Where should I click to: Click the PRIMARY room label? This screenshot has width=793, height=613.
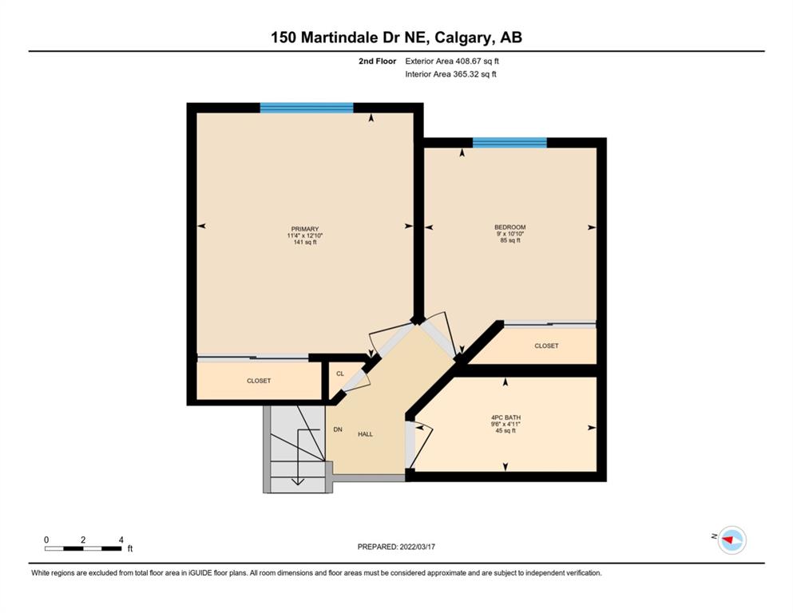[305, 229]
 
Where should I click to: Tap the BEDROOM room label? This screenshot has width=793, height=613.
[510, 227]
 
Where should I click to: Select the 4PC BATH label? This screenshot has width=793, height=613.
[506, 418]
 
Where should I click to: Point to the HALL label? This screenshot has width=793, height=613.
[365, 434]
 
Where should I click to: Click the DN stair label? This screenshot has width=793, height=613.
[338, 429]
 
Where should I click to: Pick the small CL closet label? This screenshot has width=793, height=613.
[340, 374]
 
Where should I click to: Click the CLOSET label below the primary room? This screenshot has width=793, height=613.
[259, 381]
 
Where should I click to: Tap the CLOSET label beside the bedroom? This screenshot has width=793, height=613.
[547, 346]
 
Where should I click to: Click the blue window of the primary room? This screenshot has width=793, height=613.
[307, 108]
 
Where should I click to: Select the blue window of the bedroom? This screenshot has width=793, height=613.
[510, 143]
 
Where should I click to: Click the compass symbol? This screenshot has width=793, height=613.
[732, 540]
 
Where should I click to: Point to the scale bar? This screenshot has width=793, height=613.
[83, 548]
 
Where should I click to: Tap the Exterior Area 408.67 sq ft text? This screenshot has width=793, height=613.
[452, 61]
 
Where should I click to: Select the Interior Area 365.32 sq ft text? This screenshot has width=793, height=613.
[450, 74]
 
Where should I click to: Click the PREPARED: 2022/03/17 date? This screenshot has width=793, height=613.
[396, 547]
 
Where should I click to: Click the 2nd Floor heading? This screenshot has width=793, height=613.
[377, 61]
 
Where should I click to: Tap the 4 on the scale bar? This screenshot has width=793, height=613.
[121, 540]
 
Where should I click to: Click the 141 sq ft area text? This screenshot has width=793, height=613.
[305, 242]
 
